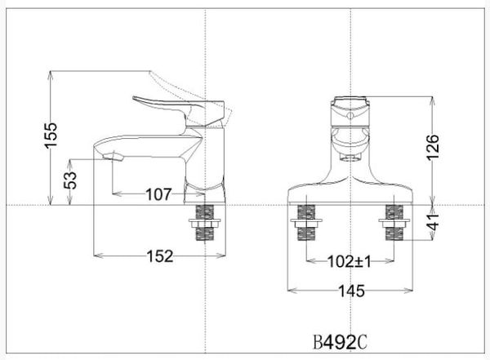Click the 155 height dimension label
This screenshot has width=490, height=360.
point(51,136)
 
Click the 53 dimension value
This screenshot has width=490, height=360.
point(72,178)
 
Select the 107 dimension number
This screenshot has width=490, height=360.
point(157,194)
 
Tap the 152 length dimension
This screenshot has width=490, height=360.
point(160,256)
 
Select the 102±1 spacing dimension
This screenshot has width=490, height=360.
point(350,263)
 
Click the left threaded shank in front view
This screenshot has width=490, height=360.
point(305,223)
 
